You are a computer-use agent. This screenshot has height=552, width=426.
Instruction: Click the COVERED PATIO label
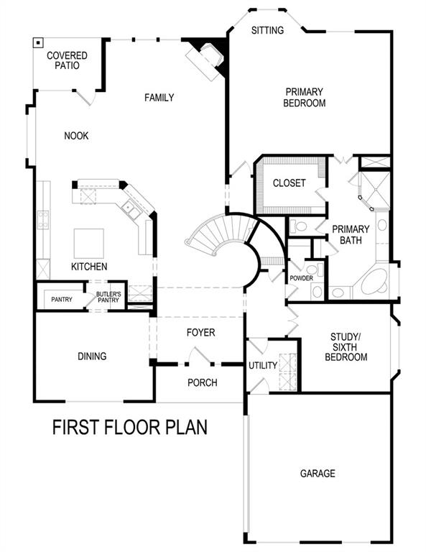point(67,60)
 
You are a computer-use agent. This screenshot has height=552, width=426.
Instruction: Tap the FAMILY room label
point(159,97)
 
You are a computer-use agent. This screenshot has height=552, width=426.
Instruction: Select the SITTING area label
point(267,30)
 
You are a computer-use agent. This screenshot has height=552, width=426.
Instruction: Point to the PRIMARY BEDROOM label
point(305,97)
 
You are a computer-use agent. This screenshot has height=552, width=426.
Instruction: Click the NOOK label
point(76,136)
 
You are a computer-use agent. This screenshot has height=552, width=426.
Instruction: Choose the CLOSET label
point(289,183)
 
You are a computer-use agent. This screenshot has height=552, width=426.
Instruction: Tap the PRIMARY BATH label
point(351,235)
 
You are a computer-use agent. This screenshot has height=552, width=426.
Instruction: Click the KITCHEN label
point(89,267)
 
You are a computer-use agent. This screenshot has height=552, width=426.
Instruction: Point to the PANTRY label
point(61,299)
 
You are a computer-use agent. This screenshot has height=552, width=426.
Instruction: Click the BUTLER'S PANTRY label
point(108,298)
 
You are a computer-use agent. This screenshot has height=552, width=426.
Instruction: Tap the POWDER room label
point(301,278)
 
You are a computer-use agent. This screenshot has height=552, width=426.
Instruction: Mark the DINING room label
point(92,356)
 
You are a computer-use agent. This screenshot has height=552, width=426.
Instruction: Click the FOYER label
point(200,333)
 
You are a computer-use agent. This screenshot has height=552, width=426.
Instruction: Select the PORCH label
point(203,382)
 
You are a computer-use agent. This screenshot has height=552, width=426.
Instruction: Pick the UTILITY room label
point(262,366)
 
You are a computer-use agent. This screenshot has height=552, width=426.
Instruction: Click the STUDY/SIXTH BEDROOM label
point(348,346)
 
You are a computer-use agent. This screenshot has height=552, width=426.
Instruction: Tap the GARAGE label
point(318,473)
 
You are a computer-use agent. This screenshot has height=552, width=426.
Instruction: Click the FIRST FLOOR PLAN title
point(130,428)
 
